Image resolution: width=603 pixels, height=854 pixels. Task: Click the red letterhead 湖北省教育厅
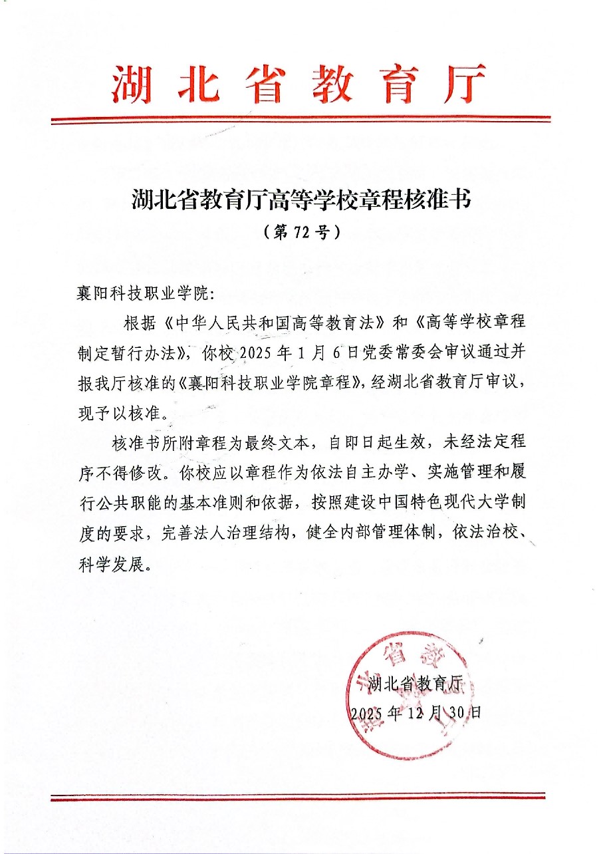(299, 85)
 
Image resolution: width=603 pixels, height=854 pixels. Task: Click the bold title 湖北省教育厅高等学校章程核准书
(301, 200)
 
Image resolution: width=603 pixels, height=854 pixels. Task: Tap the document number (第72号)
(301, 231)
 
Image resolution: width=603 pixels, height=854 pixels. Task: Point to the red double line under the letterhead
(301, 120)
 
